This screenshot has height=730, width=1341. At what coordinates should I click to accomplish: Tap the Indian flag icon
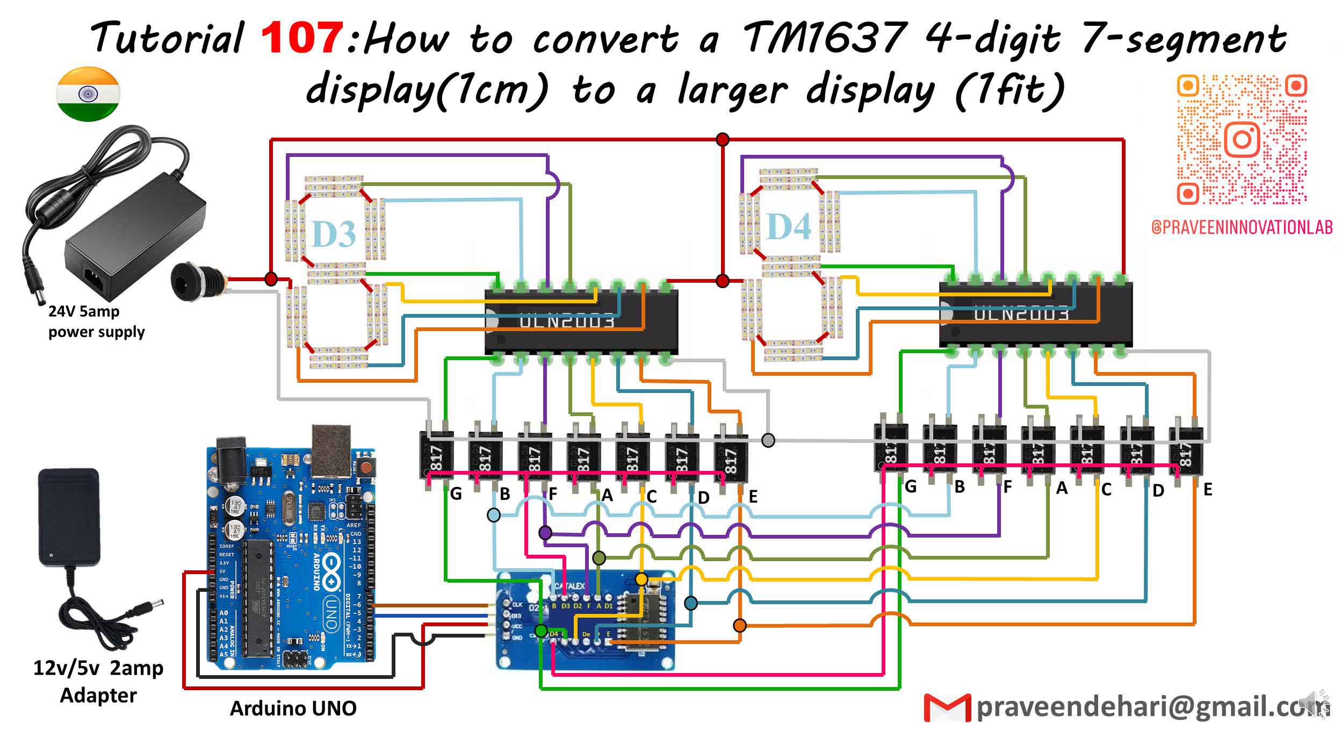(x=88, y=94)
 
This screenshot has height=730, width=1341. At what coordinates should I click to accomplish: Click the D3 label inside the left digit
(x=334, y=234)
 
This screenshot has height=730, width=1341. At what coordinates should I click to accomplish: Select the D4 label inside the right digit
(x=788, y=226)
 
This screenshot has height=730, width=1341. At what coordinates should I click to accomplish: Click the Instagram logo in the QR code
(x=1242, y=139)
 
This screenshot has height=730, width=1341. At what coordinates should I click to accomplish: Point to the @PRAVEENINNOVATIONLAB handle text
(x=1242, y=227)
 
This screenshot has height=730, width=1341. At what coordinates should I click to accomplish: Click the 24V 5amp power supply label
(x=96, y=321)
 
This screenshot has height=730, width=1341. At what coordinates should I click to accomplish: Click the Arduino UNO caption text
(x=293, y=708)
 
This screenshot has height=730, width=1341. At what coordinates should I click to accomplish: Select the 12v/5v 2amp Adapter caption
(x=98, y=681)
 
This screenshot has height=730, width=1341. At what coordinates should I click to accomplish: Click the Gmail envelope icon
(x=947, y=708)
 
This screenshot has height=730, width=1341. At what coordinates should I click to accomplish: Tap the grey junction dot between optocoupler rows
(x=768, y=440)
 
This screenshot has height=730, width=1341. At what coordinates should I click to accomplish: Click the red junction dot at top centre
(x=723, y=140)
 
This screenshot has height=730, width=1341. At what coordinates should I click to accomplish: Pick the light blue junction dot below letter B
(x=493, y=515)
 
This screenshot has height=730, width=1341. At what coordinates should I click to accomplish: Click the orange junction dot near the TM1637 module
(x=740, y=625)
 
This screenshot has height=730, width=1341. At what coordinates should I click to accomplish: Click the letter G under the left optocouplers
(x=456, y=493)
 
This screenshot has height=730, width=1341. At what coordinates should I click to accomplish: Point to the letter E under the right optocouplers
(x=1207, y=489)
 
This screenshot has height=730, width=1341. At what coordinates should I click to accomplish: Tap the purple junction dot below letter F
(x=545, y=533)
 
